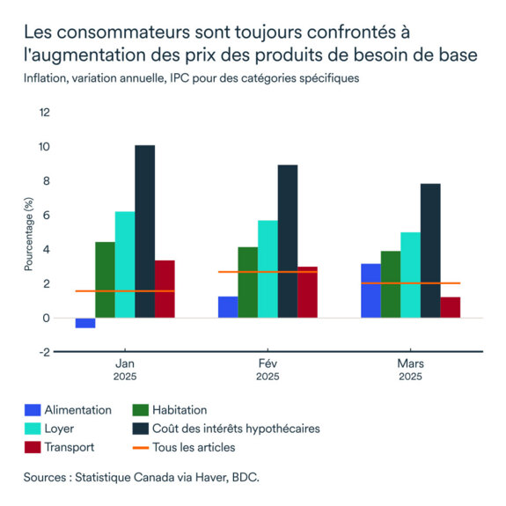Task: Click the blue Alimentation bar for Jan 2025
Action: (85, 323)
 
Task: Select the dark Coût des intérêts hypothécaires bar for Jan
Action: (145, 231)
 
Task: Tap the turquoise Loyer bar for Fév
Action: (267, 268)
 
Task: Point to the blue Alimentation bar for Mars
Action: (370, 290)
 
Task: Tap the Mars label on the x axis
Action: (409, 363)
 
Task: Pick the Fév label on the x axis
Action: (268, 363)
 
